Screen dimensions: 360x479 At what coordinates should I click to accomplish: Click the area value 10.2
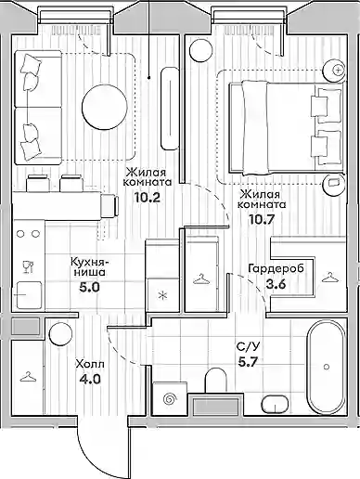[x=148, y=197]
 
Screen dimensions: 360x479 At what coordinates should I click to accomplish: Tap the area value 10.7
[x=262, y=219]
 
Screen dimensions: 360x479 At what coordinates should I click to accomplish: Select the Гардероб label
[x=276, y=268]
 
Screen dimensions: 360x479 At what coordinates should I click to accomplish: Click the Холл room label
[x=90, y=364]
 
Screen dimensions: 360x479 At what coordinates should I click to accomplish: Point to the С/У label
[x=247, y=347]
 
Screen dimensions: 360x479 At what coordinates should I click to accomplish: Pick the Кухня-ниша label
[x=89, y=267]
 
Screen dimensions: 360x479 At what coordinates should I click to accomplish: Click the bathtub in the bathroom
[x=326, y=367]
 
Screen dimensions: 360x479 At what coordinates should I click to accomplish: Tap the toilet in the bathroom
[x=216, y=381]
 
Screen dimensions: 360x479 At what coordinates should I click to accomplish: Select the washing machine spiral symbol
[x=169, y=398]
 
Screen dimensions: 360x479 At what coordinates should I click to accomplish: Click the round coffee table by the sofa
[x=105, y=107]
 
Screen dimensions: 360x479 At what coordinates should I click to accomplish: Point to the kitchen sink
[x=29, y=295]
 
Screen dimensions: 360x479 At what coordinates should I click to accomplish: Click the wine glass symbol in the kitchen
[x=28, y=266]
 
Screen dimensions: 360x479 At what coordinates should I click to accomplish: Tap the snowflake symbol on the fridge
[x=162, y=296]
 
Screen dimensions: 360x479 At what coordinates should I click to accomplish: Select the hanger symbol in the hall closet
[x=27, y=376]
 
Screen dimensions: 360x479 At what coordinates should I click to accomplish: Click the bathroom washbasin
[x=276, y=404]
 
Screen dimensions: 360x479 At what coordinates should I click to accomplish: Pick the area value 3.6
[x=276, y=284]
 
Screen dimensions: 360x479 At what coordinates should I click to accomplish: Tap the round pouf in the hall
[x=61, y=334]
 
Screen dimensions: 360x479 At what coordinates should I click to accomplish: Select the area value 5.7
[x=247, y=360]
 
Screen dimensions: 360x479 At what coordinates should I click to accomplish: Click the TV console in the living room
[x=170, y=109]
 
